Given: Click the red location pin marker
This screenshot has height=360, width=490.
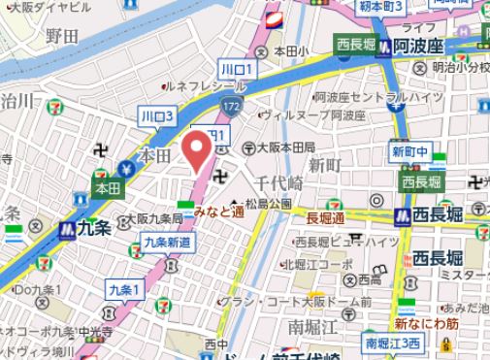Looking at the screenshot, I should [197, 152].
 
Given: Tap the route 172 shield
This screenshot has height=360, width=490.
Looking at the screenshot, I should [229, 102].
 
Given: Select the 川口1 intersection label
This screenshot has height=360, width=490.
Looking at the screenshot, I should [237, 71].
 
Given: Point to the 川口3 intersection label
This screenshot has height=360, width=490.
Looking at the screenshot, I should [156, 115].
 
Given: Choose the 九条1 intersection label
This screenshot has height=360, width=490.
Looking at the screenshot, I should [125, 289].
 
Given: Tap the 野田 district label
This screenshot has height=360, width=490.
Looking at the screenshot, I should [62, 36].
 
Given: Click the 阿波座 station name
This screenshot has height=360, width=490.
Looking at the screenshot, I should [417, 47].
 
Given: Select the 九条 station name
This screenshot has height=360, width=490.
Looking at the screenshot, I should [95, 230].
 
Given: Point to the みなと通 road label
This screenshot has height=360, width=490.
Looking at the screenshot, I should [218, 210].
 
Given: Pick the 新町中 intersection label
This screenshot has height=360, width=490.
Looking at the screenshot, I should [408, 152].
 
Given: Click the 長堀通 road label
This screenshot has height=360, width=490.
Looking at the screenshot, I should [325, 217].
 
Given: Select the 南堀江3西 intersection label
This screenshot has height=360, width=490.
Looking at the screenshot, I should [393, 343].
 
